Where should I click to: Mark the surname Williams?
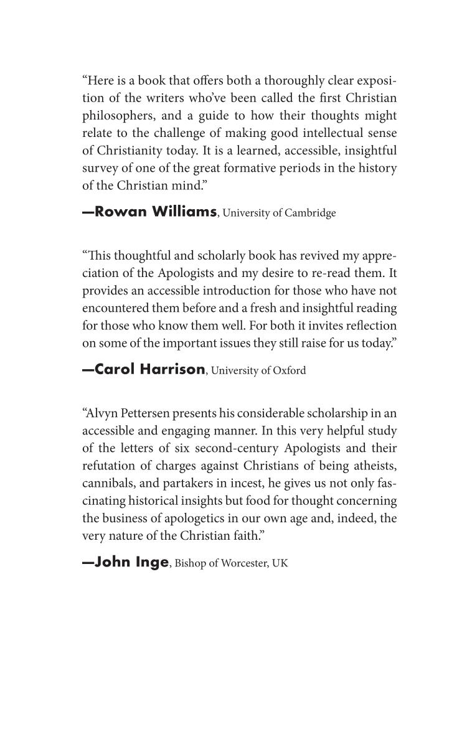(184, 212)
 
